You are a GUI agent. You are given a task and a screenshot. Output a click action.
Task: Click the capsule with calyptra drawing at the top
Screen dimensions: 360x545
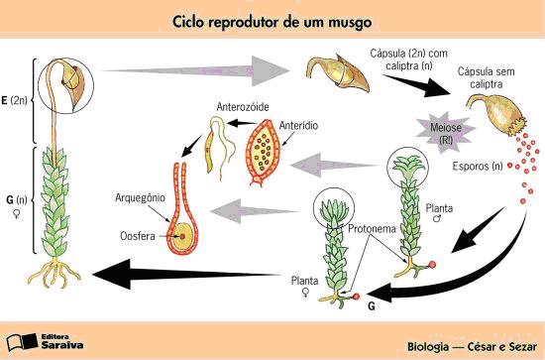[331, 73]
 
